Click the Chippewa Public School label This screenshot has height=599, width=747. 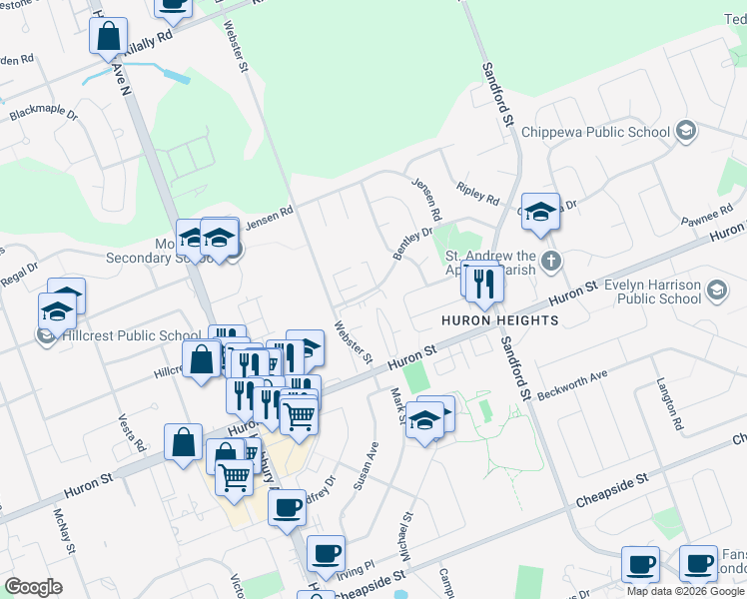pos(606,132)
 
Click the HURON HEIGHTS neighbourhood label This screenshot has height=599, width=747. pos(500,320)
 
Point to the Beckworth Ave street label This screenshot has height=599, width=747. pos(572,382)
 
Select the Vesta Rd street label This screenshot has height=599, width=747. pos(132,431)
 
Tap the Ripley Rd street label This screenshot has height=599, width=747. pos(476,192)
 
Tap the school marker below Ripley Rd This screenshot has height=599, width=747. pos(540,212)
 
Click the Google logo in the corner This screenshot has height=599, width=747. pos(33,587)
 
